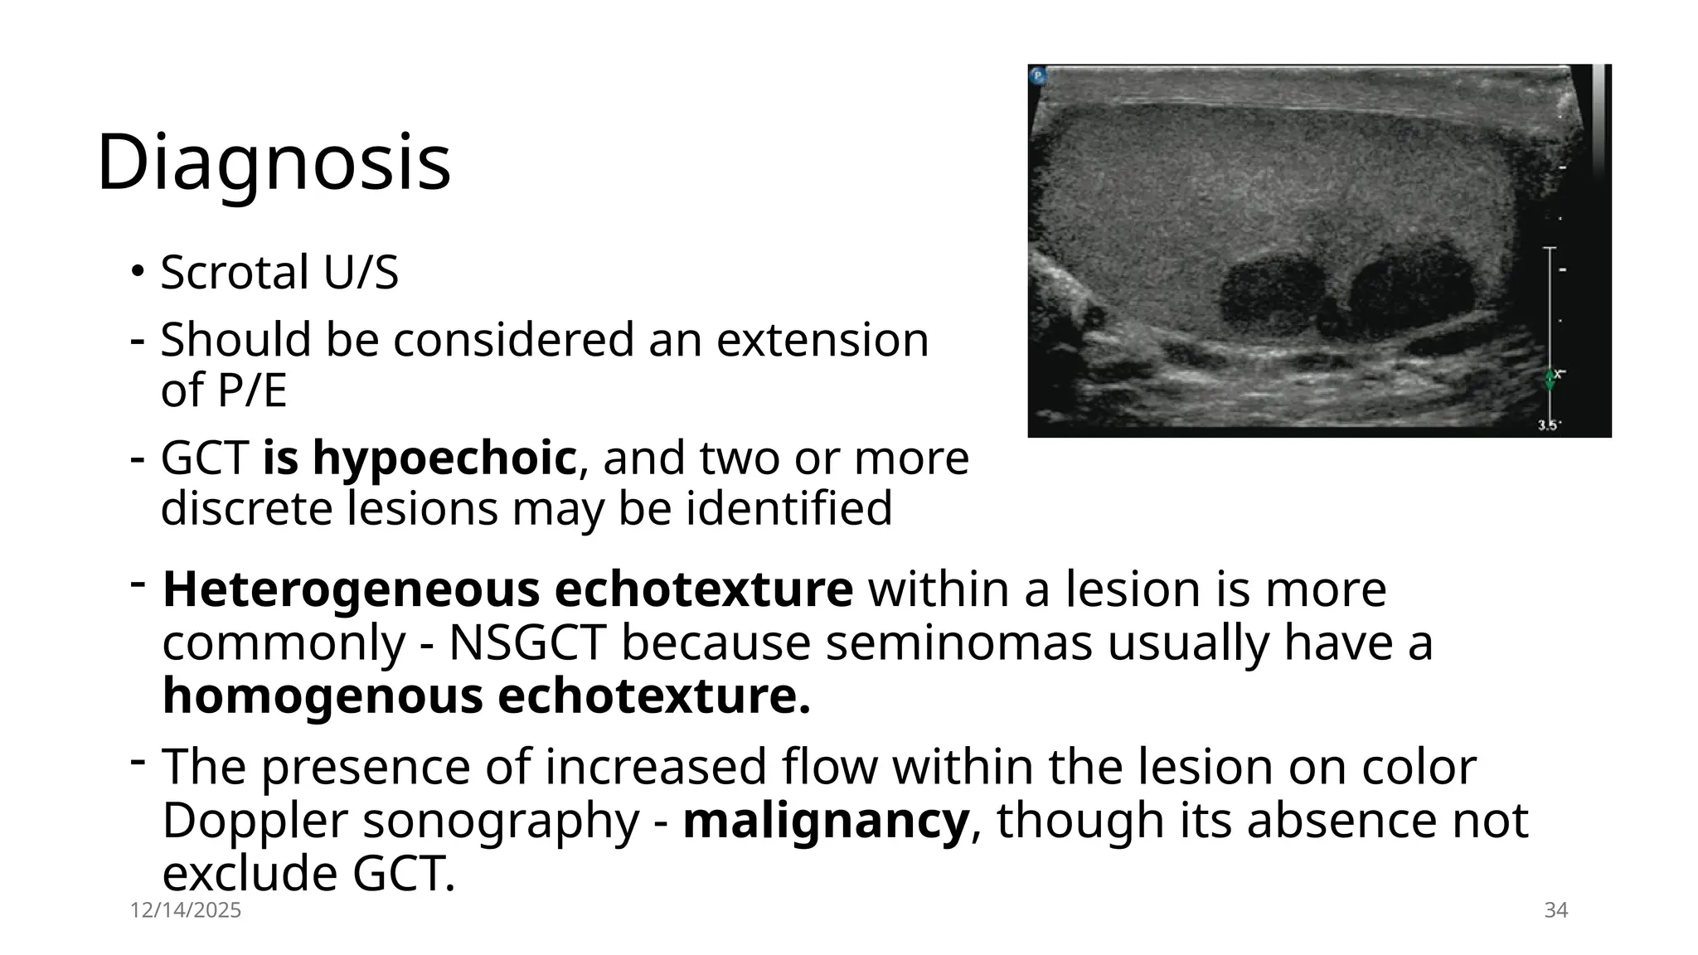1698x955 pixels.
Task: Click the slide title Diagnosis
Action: (274, 162)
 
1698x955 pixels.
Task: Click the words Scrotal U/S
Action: (279, 272)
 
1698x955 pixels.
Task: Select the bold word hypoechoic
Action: (444, 458)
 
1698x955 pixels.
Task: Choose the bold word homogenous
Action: (323, 696)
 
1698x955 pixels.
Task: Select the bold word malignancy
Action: (826, 821)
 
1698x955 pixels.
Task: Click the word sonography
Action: (502, 821)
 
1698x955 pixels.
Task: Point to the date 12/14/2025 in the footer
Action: (186, 910)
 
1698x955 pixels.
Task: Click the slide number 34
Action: (1555, 910)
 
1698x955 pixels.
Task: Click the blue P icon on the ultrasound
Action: (1038, 76)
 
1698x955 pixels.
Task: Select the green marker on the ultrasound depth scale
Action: (1550, 380)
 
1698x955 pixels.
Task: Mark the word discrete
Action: (247, 508)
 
